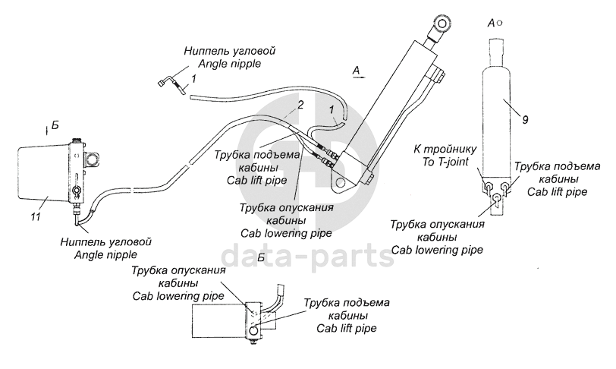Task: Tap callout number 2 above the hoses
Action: coord(302,104)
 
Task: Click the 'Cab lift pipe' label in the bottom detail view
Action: coord(347,328)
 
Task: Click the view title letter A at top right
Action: coord(492,23)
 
